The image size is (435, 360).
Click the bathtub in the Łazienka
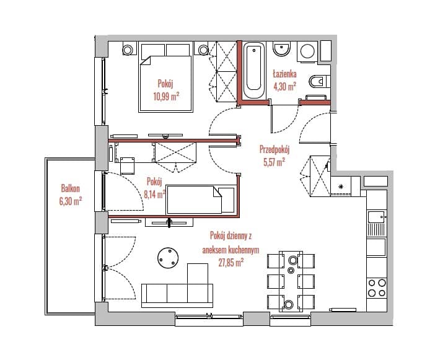254,71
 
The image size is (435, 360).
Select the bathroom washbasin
281,50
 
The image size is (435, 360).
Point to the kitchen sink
377,217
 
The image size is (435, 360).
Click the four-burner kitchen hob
377,288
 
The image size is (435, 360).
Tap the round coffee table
168,258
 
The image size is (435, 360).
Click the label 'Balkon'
71,188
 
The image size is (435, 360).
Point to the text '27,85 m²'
231,262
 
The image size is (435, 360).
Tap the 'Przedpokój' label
275,149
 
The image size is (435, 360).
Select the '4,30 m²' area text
284,87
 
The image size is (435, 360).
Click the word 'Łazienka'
284,74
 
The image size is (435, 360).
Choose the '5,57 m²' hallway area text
275,162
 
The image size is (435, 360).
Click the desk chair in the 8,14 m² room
128,166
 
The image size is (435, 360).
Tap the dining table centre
291,281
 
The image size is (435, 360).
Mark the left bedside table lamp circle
127,50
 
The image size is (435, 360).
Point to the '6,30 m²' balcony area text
71,201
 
